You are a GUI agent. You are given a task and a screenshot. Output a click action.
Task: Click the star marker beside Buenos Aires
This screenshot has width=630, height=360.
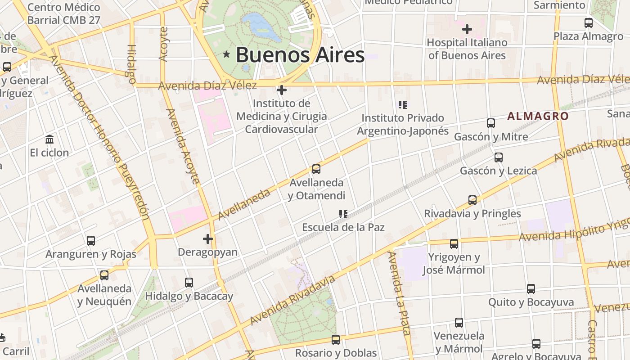tap(226, 55)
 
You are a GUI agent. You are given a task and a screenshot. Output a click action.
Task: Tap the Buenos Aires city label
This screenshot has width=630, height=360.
tap(300, 55)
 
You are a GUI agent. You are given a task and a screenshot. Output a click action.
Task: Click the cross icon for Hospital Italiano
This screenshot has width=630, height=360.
tap(467, 29)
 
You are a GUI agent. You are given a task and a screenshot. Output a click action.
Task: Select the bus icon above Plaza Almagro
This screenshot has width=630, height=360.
tap(588, 22)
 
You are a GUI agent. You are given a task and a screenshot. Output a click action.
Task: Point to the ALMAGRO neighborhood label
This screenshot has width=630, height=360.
tap(538, 116)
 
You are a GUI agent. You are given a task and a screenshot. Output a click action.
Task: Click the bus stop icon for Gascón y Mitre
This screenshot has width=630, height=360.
tap(491, 123)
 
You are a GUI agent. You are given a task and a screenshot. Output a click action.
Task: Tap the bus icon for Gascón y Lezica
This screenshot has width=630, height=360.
tap(498, 157)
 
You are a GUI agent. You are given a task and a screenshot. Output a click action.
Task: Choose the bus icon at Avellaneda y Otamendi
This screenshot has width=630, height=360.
tap(316, 169)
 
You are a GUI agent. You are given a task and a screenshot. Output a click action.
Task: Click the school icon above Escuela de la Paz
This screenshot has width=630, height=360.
tap(343, 214)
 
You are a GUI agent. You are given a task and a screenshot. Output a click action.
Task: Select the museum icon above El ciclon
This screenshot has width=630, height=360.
tap(49, 139)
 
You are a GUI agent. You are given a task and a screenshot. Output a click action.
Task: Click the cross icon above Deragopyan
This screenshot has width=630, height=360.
tap(207, 238)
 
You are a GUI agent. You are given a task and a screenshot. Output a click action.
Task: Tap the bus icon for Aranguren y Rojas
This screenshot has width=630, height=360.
tap(91, 240)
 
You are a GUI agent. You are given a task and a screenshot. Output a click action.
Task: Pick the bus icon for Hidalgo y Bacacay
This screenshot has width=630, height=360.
tap(189, 282)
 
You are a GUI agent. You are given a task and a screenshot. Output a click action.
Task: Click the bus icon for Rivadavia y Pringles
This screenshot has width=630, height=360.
tap(472, 200)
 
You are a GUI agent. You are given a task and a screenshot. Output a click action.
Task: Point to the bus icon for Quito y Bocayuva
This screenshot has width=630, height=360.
tap(531, 288)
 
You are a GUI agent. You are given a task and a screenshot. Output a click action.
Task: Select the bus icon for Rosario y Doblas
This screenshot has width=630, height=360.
tap(335, 339)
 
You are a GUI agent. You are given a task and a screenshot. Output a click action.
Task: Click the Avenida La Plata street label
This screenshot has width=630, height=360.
tap(400, 293)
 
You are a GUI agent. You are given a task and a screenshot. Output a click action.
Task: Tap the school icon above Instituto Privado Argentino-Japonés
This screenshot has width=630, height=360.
tap(403, 105)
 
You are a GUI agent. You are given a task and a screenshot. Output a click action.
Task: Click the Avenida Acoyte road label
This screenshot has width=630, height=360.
tap(183, 146)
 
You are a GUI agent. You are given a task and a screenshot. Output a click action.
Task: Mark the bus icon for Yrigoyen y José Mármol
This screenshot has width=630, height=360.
tap(454, 243)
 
